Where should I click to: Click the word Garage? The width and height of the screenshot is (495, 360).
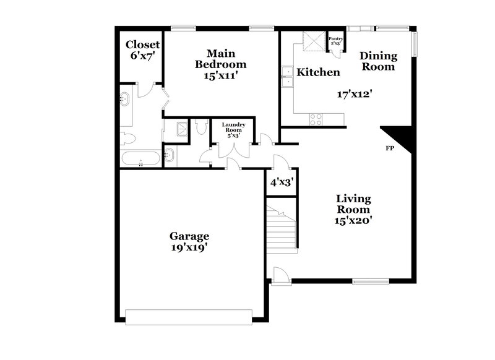(x=189, y=236)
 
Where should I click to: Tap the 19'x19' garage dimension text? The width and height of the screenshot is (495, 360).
(x=189, y=247)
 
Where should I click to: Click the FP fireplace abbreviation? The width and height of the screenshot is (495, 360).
(x=390, y=149)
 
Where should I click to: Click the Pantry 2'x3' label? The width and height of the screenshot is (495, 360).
(x=335, y=41)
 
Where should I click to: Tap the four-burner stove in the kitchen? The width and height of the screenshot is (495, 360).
(x=316, y=119)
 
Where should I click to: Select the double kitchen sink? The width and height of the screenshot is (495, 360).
(x=286, y=79)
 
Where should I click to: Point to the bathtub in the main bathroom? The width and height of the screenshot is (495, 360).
(x=141, y=158)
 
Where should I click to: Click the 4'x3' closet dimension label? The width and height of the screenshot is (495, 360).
(x=282, y=183)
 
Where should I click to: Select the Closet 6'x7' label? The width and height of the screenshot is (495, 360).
(x=143, y=50)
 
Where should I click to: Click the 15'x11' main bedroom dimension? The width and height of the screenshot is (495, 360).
(x=218, y=76)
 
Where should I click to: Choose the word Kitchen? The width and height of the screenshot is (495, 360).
(x=318, y=72)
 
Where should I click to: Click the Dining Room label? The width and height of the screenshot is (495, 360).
(x=378, y=61)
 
